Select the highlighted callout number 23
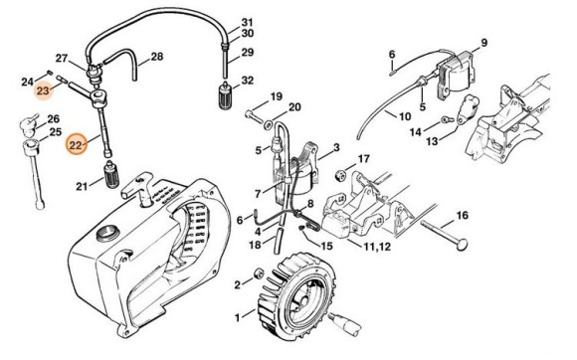click(44, 91)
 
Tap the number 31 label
click(248, 22)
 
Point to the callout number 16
click(462, 216)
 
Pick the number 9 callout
click(483, 42)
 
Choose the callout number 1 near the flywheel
click(236, 318)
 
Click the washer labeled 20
click(268, 122)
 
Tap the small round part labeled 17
click(336, 163)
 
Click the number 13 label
click(432, 142)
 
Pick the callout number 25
click(55, 132)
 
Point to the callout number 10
click(404, 116)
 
